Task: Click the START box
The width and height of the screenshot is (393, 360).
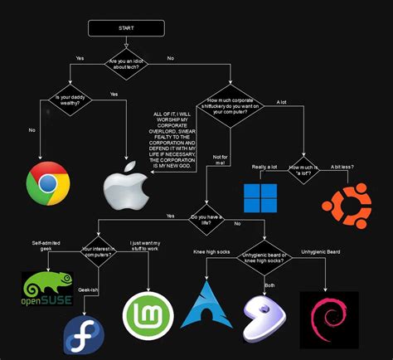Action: point(126,28)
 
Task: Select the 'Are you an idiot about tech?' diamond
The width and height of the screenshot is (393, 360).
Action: point(126,64)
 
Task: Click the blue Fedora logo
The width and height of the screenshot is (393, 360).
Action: point(84,336)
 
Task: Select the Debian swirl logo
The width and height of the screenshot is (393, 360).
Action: point(329,320)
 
